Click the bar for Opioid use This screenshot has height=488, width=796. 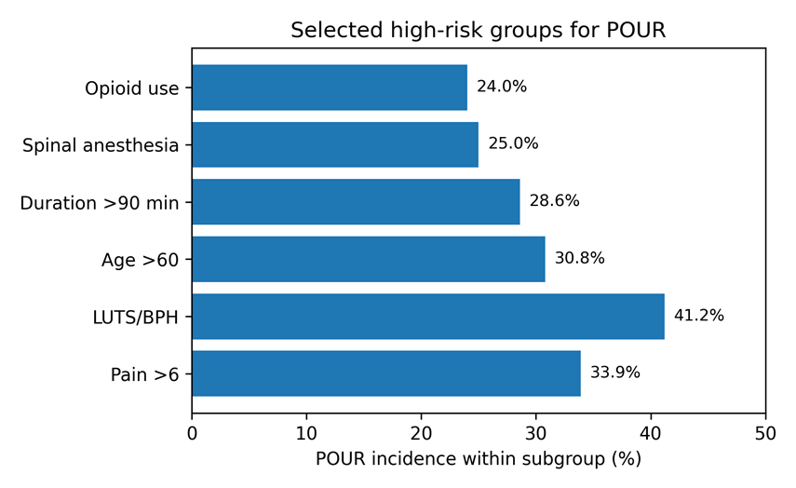pyautogui.click(x=330, y=88)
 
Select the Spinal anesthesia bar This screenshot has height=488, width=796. pyautogui.click(x=335, y=144)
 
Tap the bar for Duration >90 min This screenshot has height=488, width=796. pyautogui.click(x=356, y=201)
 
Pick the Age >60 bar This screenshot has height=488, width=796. pyautogui.click(x=369, y=259)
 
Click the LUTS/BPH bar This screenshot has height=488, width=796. pyautogui.click(x=428, y=317)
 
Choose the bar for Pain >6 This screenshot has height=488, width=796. pyautogui.click(x=386, y=373)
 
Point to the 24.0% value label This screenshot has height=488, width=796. pyautogui.click(x=502, y=87)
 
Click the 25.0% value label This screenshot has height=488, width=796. pyautogui.click(x=513, y=143)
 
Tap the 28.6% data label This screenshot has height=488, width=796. pyautogui.click(x=554, y=201)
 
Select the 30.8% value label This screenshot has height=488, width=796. pyautogui.click(x=580, y=259)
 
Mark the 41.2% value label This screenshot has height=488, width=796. pyautogui.click(x=699, y=316)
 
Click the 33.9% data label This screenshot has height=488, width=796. pyautogui.click(x=615, y=373)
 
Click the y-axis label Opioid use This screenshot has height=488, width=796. pyautogui.click(x=132, y=88)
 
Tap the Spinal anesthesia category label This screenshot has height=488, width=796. pyautogui.click(x=101, y=145)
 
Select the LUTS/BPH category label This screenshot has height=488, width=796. pyautogui.click(x=136, y=318)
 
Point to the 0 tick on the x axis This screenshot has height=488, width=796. pyautogui.click(x=192, y=434)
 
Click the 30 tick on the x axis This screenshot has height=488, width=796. pyautogui.click(x=536, y=434)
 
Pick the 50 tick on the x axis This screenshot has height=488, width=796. pyautogui.click(x=765, y=434)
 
